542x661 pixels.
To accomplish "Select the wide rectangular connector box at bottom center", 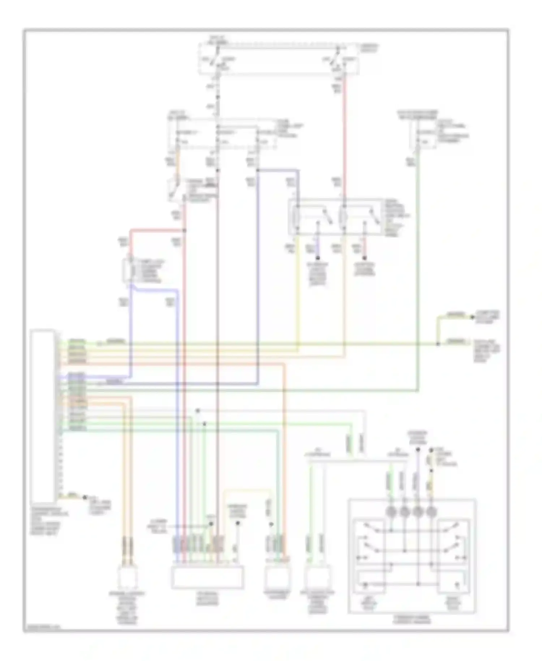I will point(207,577).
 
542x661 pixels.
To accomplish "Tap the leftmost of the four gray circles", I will point(391,511).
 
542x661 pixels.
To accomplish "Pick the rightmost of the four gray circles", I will point(431,511).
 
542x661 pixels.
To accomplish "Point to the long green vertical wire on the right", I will point(418,275).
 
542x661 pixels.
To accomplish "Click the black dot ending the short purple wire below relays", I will point(318,258).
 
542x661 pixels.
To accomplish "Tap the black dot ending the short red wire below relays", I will point(364,258).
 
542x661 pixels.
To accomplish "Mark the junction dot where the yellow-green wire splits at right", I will point(438,344).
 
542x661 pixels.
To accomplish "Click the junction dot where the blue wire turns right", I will point(258,170).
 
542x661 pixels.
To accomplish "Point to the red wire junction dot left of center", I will point(185,230).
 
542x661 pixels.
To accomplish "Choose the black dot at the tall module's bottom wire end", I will point(85,497).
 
